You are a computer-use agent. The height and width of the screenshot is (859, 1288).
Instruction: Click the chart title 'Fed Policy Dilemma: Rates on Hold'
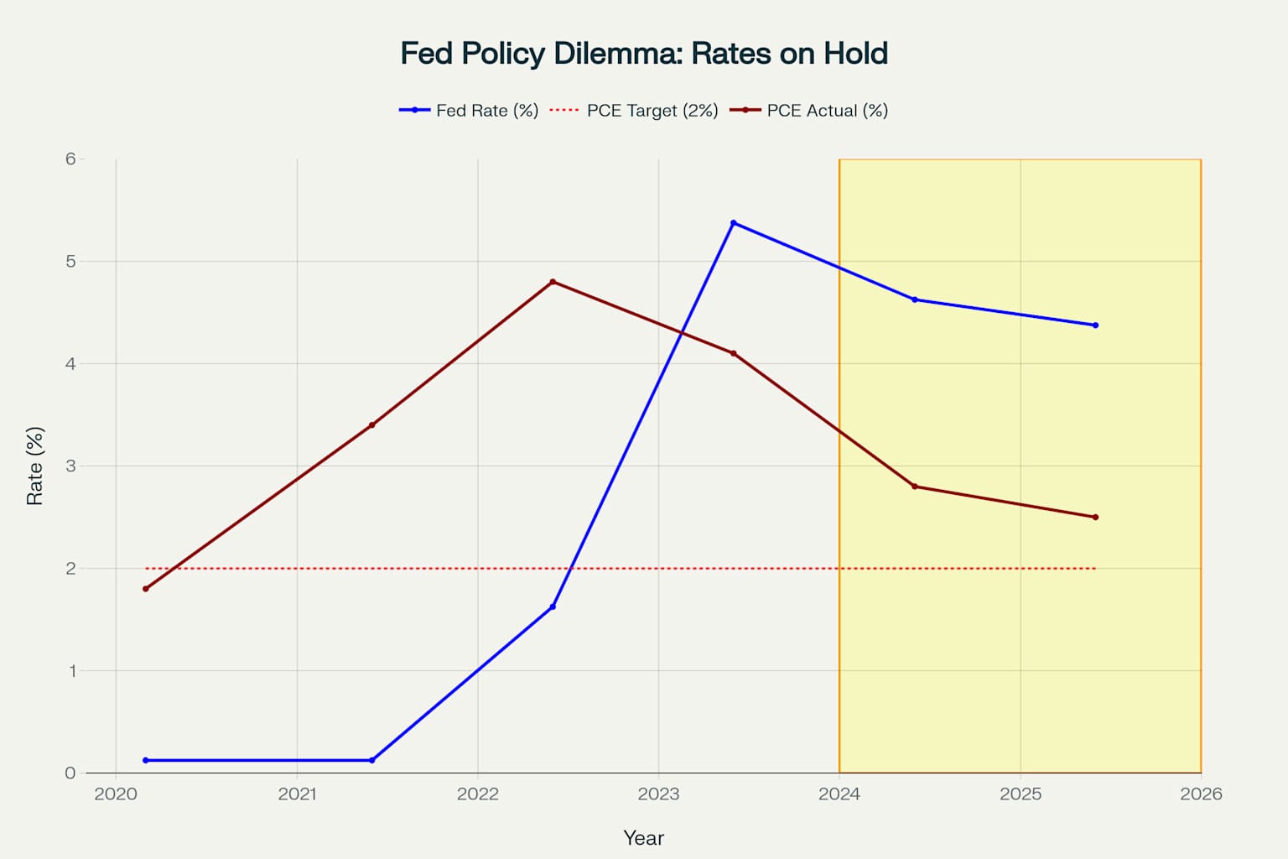click(643, 54)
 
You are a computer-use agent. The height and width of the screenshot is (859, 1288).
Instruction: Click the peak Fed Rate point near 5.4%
click(733, 223)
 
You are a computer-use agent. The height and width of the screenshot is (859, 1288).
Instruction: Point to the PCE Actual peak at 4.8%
click(553, 282)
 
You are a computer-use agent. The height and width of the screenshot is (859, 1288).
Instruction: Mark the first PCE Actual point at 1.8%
click(146, 589)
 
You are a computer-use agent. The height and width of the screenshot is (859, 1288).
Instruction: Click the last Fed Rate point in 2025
click(1095, 325)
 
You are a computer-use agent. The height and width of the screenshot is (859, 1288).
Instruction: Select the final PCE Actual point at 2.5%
click(1095, 518)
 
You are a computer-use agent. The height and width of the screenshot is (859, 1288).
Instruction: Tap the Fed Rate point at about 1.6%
click(553, 607)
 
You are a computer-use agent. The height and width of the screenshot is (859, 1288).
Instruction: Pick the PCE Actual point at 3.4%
click(371, 425)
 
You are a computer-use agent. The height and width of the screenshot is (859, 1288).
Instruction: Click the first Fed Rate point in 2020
click(146, 760)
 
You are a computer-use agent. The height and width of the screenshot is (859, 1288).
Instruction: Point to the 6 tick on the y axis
click(70, 159)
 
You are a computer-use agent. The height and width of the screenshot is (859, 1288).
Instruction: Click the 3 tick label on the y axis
click(70, 466)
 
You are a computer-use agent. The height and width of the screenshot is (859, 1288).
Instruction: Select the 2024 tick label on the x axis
click(839, 794)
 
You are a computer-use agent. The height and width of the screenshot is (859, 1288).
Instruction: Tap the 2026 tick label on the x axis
click(1201, 794)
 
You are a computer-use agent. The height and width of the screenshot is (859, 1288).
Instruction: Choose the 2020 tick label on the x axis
click(116, 794)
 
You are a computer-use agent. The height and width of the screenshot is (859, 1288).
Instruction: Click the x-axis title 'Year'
click(643, 838)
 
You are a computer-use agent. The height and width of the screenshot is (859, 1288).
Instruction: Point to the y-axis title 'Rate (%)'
click(34, 466)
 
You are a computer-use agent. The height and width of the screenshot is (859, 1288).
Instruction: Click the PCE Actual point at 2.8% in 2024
click(914, 487)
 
